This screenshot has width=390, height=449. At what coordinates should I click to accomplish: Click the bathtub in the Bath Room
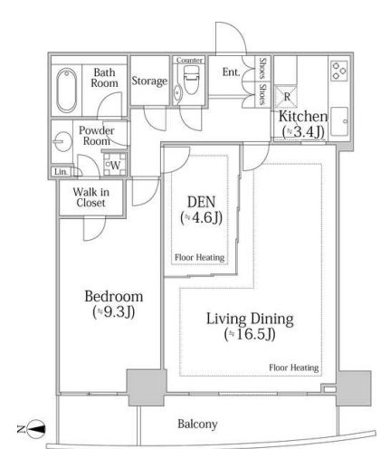click(66, 91)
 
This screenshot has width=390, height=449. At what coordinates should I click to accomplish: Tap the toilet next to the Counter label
click(191, 80)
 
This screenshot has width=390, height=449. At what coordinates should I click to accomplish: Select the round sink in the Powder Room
click(62, 141)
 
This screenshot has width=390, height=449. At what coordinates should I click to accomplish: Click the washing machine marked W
click(115, 165)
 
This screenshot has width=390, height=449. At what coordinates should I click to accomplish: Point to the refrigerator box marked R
click(286, 97)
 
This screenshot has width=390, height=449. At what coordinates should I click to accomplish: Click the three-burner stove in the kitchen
click(338, 71)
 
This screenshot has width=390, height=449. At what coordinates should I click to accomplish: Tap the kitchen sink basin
click(339, 121)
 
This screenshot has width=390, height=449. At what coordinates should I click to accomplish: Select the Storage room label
click(149, 81)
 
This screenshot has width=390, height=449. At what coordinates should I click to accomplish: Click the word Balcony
click(197, 424)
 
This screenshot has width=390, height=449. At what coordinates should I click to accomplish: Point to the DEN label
click(201, 202)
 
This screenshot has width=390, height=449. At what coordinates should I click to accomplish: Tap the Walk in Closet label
click(90, 197)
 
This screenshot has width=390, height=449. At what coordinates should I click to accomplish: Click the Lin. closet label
click(61, 172)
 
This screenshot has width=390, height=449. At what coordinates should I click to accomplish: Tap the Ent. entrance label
click(232, 72)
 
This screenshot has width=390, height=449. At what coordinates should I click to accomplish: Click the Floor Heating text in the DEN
click(199, 257)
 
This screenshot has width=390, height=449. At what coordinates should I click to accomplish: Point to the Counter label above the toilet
click(189, 61)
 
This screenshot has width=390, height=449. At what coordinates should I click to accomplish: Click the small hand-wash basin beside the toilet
click(176, 91)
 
